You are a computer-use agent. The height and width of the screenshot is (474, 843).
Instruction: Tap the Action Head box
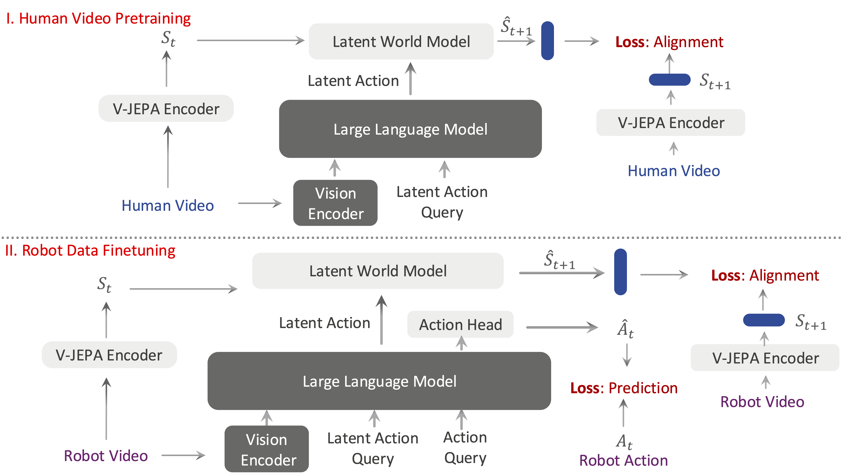point(460,324)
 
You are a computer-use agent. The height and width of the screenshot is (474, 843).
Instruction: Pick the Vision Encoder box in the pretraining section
point(335,203)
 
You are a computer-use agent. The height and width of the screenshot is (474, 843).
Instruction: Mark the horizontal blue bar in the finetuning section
point(764,320)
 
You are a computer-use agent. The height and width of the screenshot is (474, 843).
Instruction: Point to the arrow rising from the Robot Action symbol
point(623,413)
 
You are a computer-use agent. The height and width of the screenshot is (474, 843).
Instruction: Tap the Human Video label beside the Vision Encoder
point(168,206)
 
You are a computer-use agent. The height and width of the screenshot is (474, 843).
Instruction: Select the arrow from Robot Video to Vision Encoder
point(183,455)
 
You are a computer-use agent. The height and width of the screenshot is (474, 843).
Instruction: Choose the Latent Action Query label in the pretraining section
point(442,202)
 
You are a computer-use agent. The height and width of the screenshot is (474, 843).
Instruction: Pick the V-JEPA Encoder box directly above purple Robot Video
point(765,358)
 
